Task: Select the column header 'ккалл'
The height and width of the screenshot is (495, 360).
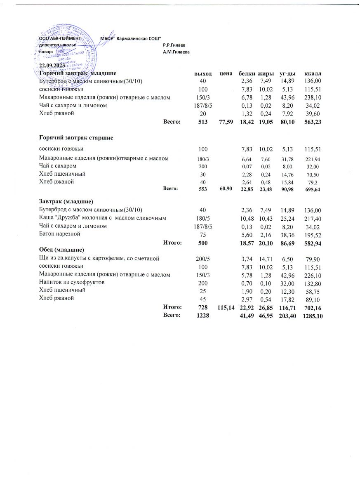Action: pyautogui.click(x=312, y=73)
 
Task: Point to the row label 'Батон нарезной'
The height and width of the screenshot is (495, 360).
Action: pyautogui.click(x=59, y=234)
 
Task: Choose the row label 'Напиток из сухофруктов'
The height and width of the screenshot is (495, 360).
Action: pyautogui.click(x=72, y=283)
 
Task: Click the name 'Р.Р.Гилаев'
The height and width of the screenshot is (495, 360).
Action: pyautogui.click(x=174, y=45)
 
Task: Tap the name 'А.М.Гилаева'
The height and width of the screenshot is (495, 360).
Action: pyautogui.click(x=176, y=52)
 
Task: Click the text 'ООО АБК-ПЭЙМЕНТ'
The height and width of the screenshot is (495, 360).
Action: pyautogui.click(x=59, y=38)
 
